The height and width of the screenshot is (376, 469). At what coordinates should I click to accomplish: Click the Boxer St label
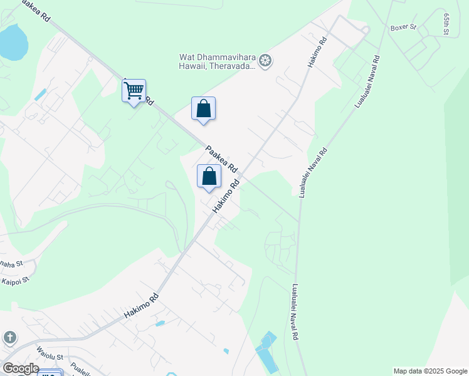point(403,28)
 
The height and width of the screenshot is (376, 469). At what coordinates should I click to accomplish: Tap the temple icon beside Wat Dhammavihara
point(265,61)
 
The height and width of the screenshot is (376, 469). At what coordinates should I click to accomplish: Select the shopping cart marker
point(134,91)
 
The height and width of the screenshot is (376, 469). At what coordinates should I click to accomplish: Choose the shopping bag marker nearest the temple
point(203,108)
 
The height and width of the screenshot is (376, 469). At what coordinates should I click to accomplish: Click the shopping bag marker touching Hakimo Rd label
point(209,176)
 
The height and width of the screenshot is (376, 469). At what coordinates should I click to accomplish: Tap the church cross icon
point(9,338)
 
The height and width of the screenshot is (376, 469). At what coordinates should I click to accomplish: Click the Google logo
point(20,368)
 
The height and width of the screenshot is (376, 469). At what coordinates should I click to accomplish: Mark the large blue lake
point(13,43)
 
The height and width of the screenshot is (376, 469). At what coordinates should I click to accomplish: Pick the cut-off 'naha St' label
point(11,263)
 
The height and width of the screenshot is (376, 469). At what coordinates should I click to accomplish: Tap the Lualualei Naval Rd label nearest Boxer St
point(368,81)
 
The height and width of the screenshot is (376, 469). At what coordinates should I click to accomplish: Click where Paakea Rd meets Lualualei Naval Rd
point(298,221)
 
